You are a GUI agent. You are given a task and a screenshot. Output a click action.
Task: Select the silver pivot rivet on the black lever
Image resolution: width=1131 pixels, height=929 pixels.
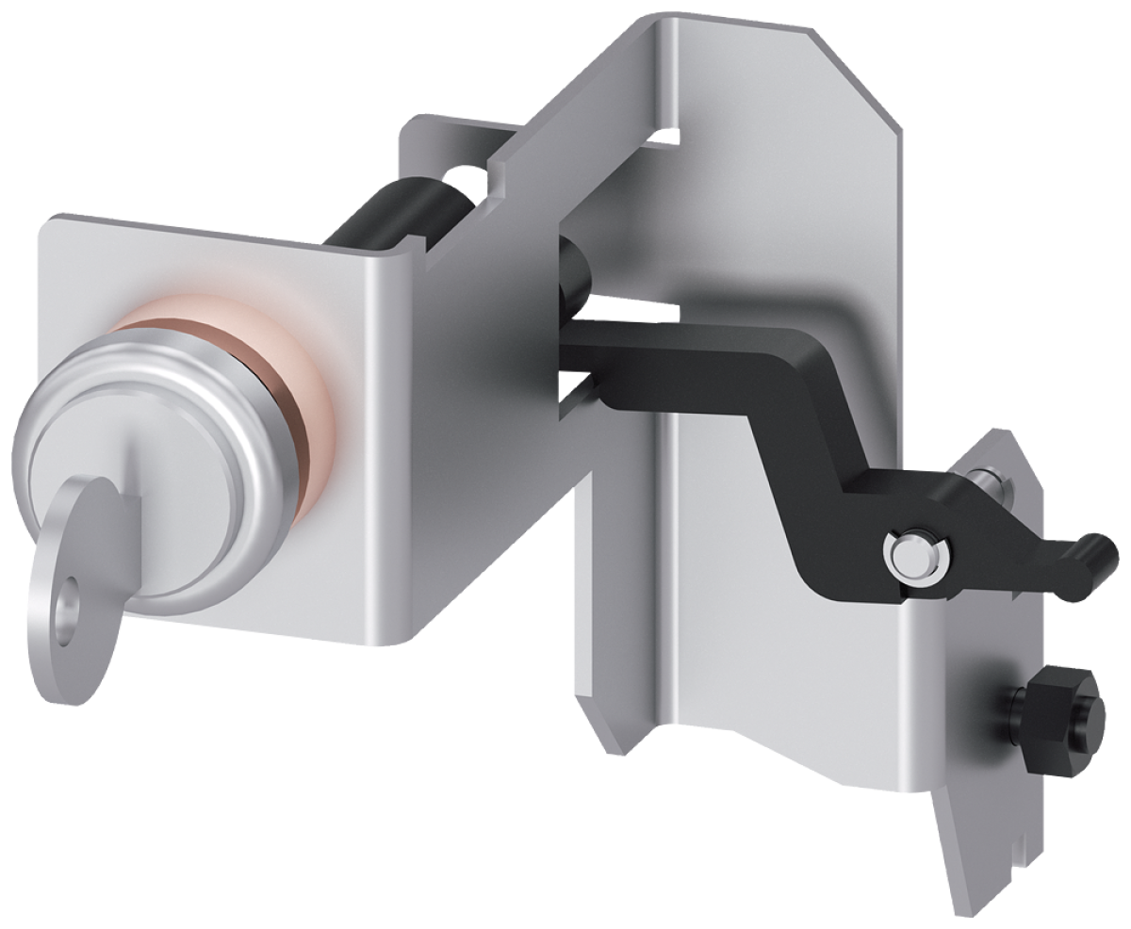coord(914,555)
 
